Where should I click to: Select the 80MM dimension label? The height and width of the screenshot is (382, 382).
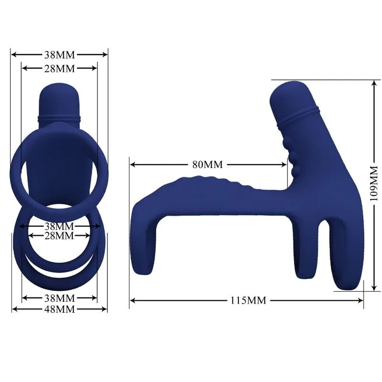pos(208,165)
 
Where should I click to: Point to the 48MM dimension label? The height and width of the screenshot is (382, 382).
pos(59,309)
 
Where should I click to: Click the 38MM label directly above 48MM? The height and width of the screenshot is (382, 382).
pos(59,298)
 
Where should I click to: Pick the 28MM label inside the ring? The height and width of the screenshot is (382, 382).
pos(59,235)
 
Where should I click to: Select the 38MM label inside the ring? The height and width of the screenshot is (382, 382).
pos(59,226)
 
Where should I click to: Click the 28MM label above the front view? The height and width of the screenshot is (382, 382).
pos(59,68)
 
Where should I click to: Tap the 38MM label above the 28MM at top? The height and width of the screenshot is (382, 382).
pos(59,54)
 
